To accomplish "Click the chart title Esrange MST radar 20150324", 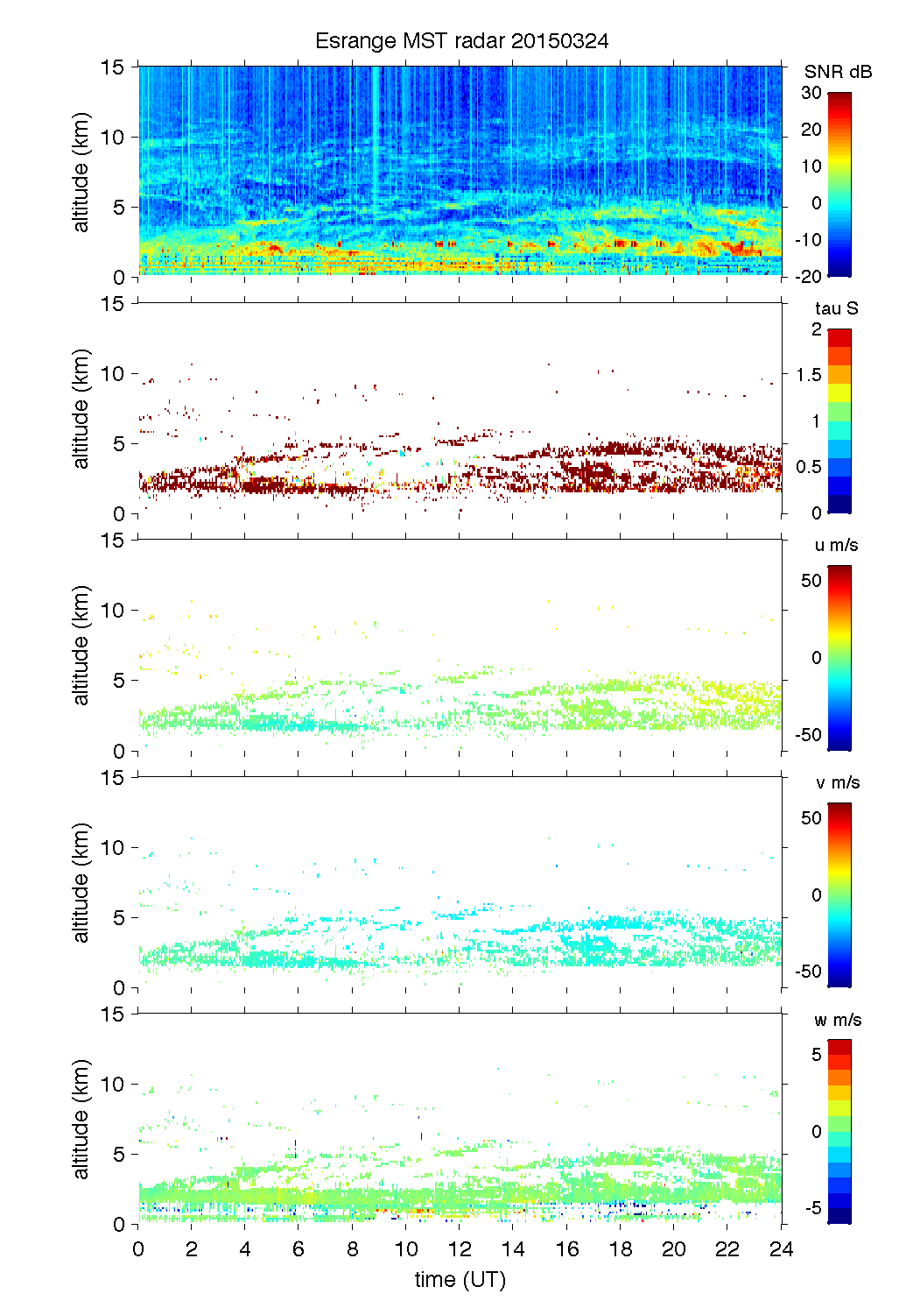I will coord(461,41).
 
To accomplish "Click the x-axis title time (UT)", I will coord(460,1279).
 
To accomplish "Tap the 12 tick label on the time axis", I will coord(460,1249).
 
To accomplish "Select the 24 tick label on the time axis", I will coord(781,1249).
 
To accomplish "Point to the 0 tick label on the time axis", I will coord(138,1249).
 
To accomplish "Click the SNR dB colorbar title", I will coord(838,72).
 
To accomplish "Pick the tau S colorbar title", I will coord(836,308).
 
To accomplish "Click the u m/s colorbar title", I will coord(836,545).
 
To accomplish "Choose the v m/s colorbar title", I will coord(837,782).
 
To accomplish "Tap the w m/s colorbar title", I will coord(838,1020).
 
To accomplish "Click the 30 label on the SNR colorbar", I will coord(811,93).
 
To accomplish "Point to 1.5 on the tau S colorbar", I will coord(809,375).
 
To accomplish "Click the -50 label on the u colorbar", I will coord(809,735).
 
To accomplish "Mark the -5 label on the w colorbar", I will coord(812,1208).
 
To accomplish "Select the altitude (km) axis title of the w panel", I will coord(81,1119).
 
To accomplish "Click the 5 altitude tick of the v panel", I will coord(120,917).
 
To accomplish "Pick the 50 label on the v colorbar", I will coord(811,818).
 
